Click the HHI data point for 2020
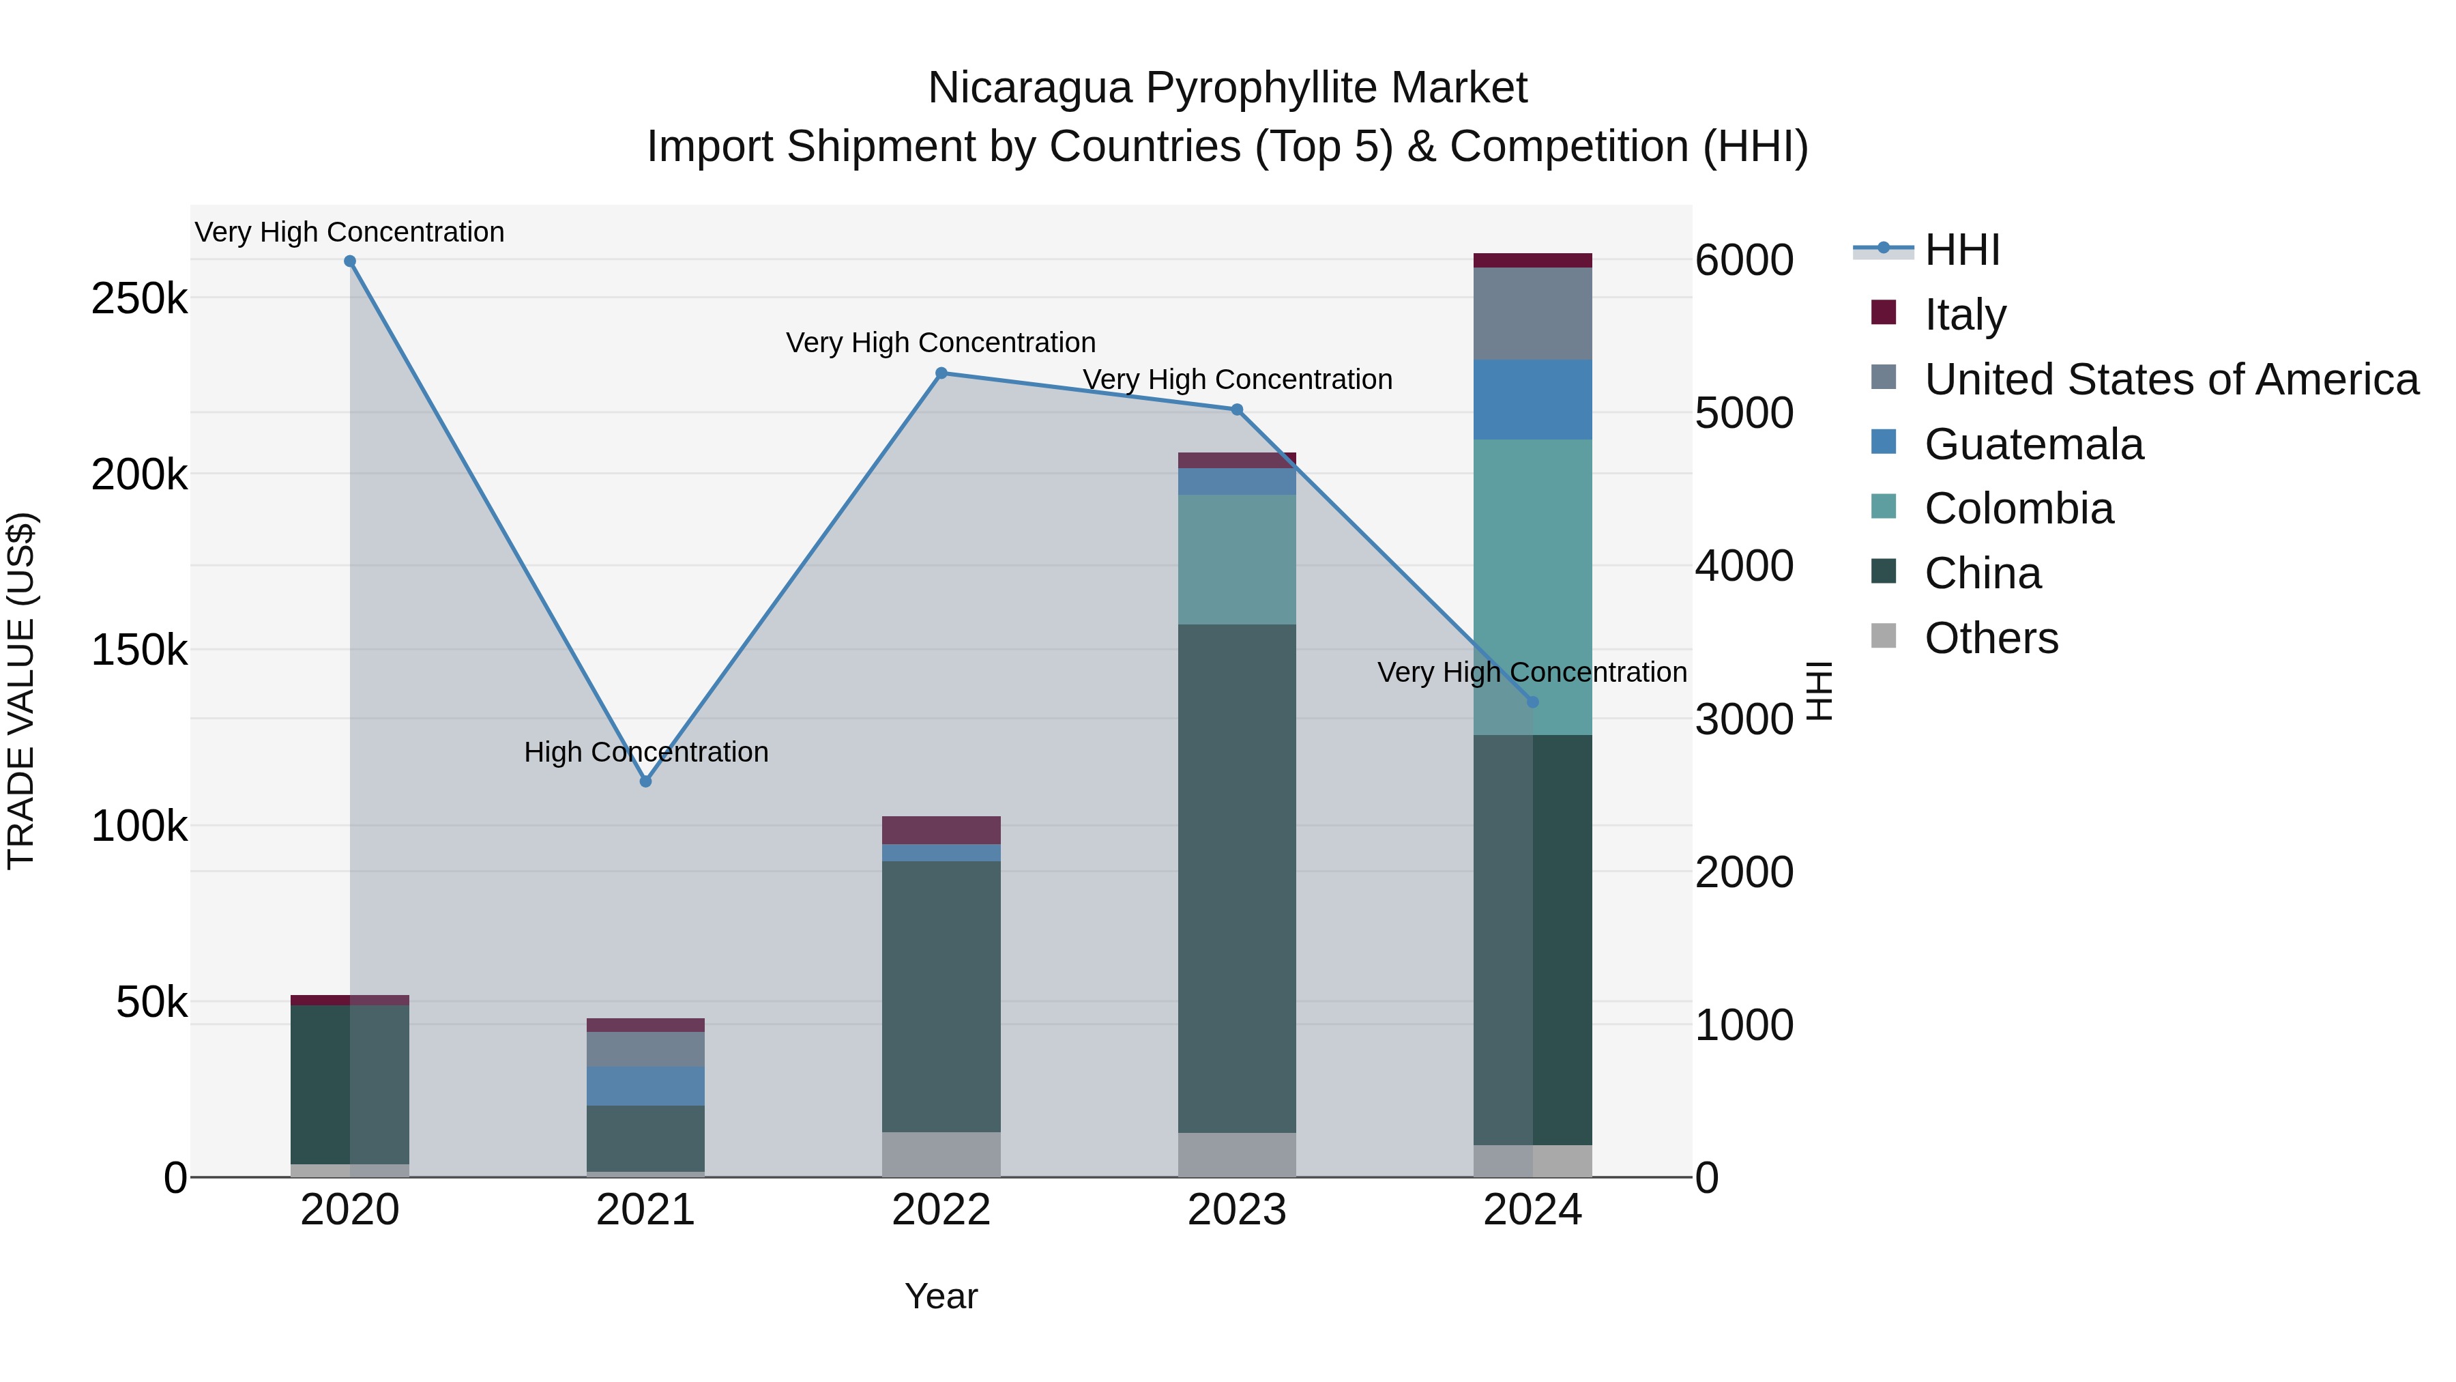pos(350,261)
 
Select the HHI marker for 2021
pos(645,781)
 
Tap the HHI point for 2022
pos(941,373)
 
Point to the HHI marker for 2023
pos(1237,410)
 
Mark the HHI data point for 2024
pos(1532,702)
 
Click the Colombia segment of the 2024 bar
pos(1532,573)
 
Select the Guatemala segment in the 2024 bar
pos(1532,400)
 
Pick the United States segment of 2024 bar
pos(1532,314)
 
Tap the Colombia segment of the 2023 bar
pos(1237,560)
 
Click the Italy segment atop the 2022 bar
pos(941,830)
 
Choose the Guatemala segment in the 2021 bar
pos(645,1086)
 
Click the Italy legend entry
pos(1965,315)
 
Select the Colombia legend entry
pos(2019,508)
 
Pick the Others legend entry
pos(1991,638)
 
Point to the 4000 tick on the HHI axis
pos(1744,566)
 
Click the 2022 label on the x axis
pos(941,1210)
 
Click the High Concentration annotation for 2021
pos(645,753)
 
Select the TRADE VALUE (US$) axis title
pos(22,691)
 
